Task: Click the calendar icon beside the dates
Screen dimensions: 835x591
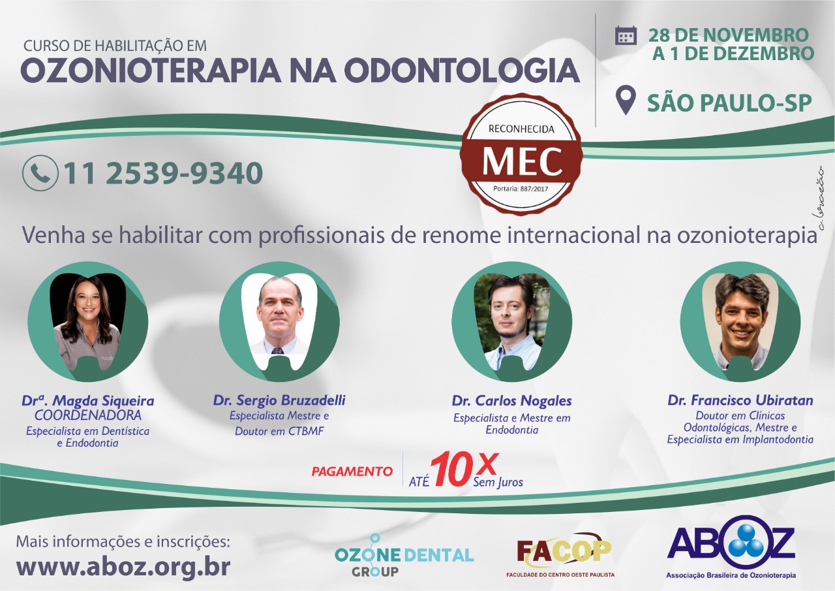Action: [x=626, y=36]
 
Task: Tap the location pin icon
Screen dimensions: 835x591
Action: [x=626, y=100]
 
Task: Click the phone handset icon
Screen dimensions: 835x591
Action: [x=40, y=173]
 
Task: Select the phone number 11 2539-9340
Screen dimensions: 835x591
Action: [x=163, y=173]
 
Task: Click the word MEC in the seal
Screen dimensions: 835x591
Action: [x=522, y=162]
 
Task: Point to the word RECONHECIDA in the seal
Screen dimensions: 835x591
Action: [x=521, y=129]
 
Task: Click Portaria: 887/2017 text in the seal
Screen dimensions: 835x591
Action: [x=521, y=189]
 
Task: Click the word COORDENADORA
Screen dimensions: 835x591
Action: [x=88, y=415]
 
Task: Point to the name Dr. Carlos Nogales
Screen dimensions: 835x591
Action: [x=512, y=401]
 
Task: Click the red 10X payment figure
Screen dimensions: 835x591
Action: [x=464, y=469]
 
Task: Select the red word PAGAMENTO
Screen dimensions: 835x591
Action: [x=352, y=471]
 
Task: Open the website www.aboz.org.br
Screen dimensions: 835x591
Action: [x=123, y=567]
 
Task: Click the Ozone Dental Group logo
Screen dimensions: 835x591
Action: [x=404, y=555]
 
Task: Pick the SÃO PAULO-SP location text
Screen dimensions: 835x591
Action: [x=729, y=103]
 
